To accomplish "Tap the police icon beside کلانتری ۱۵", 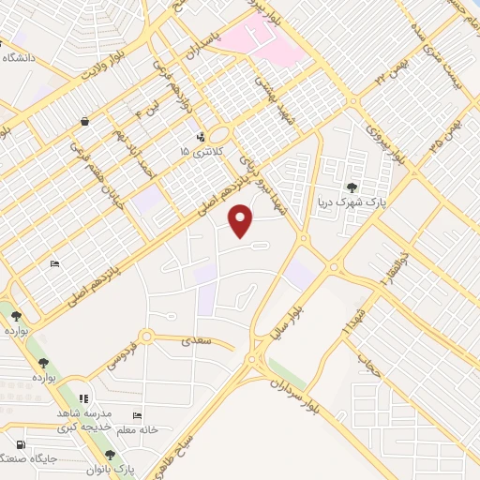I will [201, 137].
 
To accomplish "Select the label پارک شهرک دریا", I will [351, 202].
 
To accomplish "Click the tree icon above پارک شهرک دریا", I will [352, 187].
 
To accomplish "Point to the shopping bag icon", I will [85, 121].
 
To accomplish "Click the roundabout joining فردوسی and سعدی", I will [145, 337].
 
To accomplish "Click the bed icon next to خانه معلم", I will [138, 415].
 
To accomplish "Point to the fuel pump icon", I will [21, 444].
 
